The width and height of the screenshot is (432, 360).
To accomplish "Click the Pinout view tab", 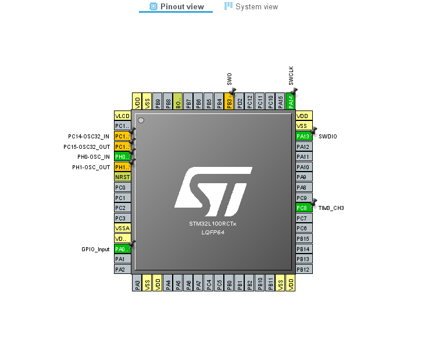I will [x=177, y=6].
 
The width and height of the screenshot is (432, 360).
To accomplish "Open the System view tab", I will [x=251, y=6].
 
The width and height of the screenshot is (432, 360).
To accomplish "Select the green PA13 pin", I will [x=304, y=136].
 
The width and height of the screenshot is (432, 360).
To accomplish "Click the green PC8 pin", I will [x=304, y=208].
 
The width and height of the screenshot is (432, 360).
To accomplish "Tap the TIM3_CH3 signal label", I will [x=331, y=208].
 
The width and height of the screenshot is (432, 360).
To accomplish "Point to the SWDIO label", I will [x=327, y=136].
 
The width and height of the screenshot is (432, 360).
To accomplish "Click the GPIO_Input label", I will [x=95, y=249].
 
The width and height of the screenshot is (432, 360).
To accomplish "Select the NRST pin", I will [x=123, y=177].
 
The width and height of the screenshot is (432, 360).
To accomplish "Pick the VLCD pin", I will [x=123, y=116].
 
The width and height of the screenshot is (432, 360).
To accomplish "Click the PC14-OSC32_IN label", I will [x=88, y=136].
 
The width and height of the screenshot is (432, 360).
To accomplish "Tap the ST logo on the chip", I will [x=213, y=189].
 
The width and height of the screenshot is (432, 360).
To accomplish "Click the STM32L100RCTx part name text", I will [x=213, y=223].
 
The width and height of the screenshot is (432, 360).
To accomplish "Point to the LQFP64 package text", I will [x=213, y=232].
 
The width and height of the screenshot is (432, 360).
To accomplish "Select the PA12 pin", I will [x=304, y=147].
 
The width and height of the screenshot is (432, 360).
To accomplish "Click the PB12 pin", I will [x=304, y=269].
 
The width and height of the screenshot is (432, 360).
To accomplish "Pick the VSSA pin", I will [x=123, y=228].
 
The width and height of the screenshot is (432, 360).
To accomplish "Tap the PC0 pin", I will [x=123, y=187].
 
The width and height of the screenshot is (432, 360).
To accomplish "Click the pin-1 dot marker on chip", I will [x=141, y=120].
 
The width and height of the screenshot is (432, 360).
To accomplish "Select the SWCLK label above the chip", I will [x=291, y=76].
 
